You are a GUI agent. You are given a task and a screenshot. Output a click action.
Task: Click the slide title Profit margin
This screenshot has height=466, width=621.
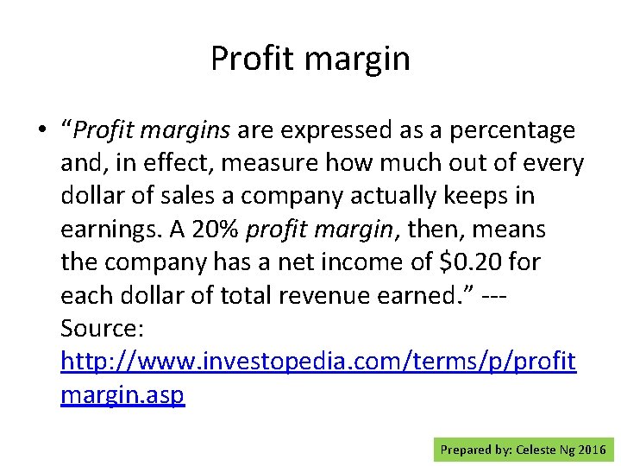[x=310, y=59]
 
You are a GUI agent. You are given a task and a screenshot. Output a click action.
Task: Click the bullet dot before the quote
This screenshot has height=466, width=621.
[x=41, y=131]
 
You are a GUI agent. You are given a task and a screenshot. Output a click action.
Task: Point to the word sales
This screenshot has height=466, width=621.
[x=204, y=196]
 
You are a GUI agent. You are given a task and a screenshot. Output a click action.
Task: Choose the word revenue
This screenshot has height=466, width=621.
[x=333, y=295]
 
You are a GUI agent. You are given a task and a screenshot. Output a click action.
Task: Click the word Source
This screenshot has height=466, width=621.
[x=101, y=328]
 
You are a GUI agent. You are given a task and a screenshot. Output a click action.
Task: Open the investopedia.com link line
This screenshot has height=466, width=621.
[x=318, y=362]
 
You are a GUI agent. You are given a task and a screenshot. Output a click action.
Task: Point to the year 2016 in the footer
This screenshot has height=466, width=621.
[x=592, y=450]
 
